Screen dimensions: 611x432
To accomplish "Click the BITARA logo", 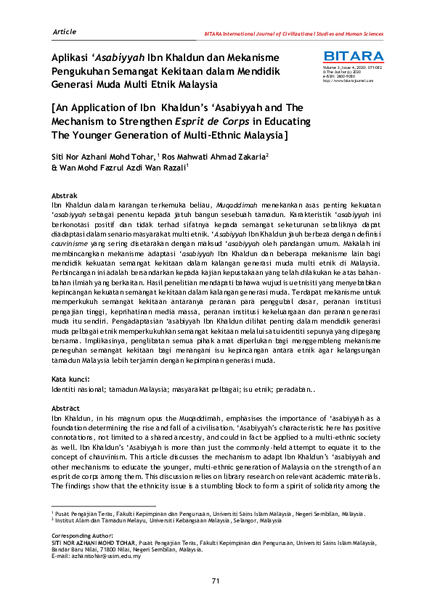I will pos(353,56).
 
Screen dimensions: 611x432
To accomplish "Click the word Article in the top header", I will pos(66,32).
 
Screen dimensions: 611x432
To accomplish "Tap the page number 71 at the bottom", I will pos(216,581).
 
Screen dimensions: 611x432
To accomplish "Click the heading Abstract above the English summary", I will pos(69,409).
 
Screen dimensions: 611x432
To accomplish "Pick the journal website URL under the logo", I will pos(349,81).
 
